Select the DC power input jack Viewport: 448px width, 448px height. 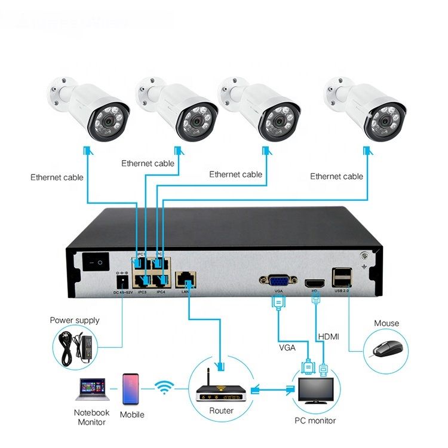pyautogui.click(x=122, y=281)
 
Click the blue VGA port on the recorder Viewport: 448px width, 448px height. pyautogui.click(x=276, y=280)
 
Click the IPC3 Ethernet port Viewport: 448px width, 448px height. pyautogui.click(x=142, y=278)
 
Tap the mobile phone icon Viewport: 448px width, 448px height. pyautogui.click(x=131, y=389)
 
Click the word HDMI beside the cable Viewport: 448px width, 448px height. pyautogui.click(x=328, y=337)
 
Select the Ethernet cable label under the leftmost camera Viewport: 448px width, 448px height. pyautogui.click(x=57, y=177)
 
